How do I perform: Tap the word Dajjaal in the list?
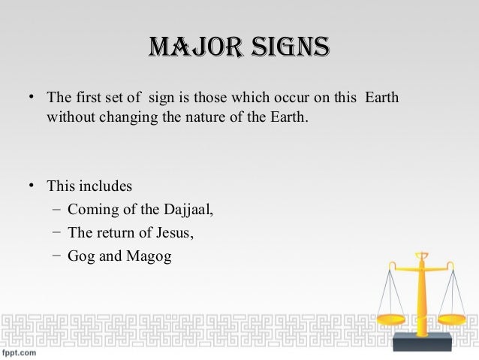(189, 210)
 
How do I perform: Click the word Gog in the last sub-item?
(80, 256)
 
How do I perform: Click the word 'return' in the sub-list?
(115, 233)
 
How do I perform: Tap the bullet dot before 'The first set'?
(32, 98)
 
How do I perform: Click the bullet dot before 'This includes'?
(32, 185)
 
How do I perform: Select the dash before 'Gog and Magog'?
(57, 256)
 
